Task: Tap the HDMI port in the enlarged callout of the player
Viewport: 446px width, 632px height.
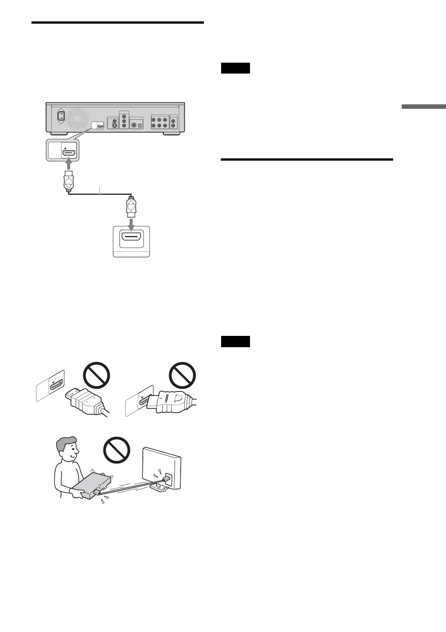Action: coord(70,153)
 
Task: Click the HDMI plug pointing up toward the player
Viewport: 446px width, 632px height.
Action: coord(69,182)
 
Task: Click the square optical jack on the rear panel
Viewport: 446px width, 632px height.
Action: coord(140,126)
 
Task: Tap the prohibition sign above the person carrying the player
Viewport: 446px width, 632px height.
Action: coord(116,450)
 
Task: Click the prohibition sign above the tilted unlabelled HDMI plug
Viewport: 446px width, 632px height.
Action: coord(96,376)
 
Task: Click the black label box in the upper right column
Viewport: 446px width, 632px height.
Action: coord(235,68)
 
